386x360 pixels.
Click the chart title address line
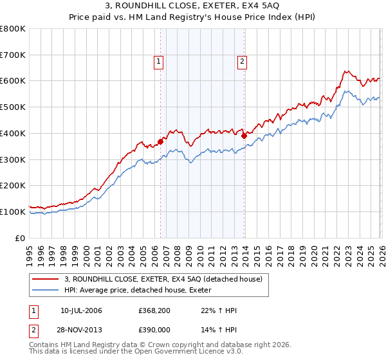pos(193,6)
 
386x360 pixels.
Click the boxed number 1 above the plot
pos(158,62)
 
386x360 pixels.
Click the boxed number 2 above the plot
pos(242,62)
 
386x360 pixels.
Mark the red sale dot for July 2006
pos(160,141)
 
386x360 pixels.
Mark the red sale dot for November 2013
pos(244,136)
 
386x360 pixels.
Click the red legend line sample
pos(46,280)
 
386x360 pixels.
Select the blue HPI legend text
pos(142,291)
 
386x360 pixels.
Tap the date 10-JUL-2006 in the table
pos(81,310)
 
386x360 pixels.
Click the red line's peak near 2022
pos(345,71)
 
